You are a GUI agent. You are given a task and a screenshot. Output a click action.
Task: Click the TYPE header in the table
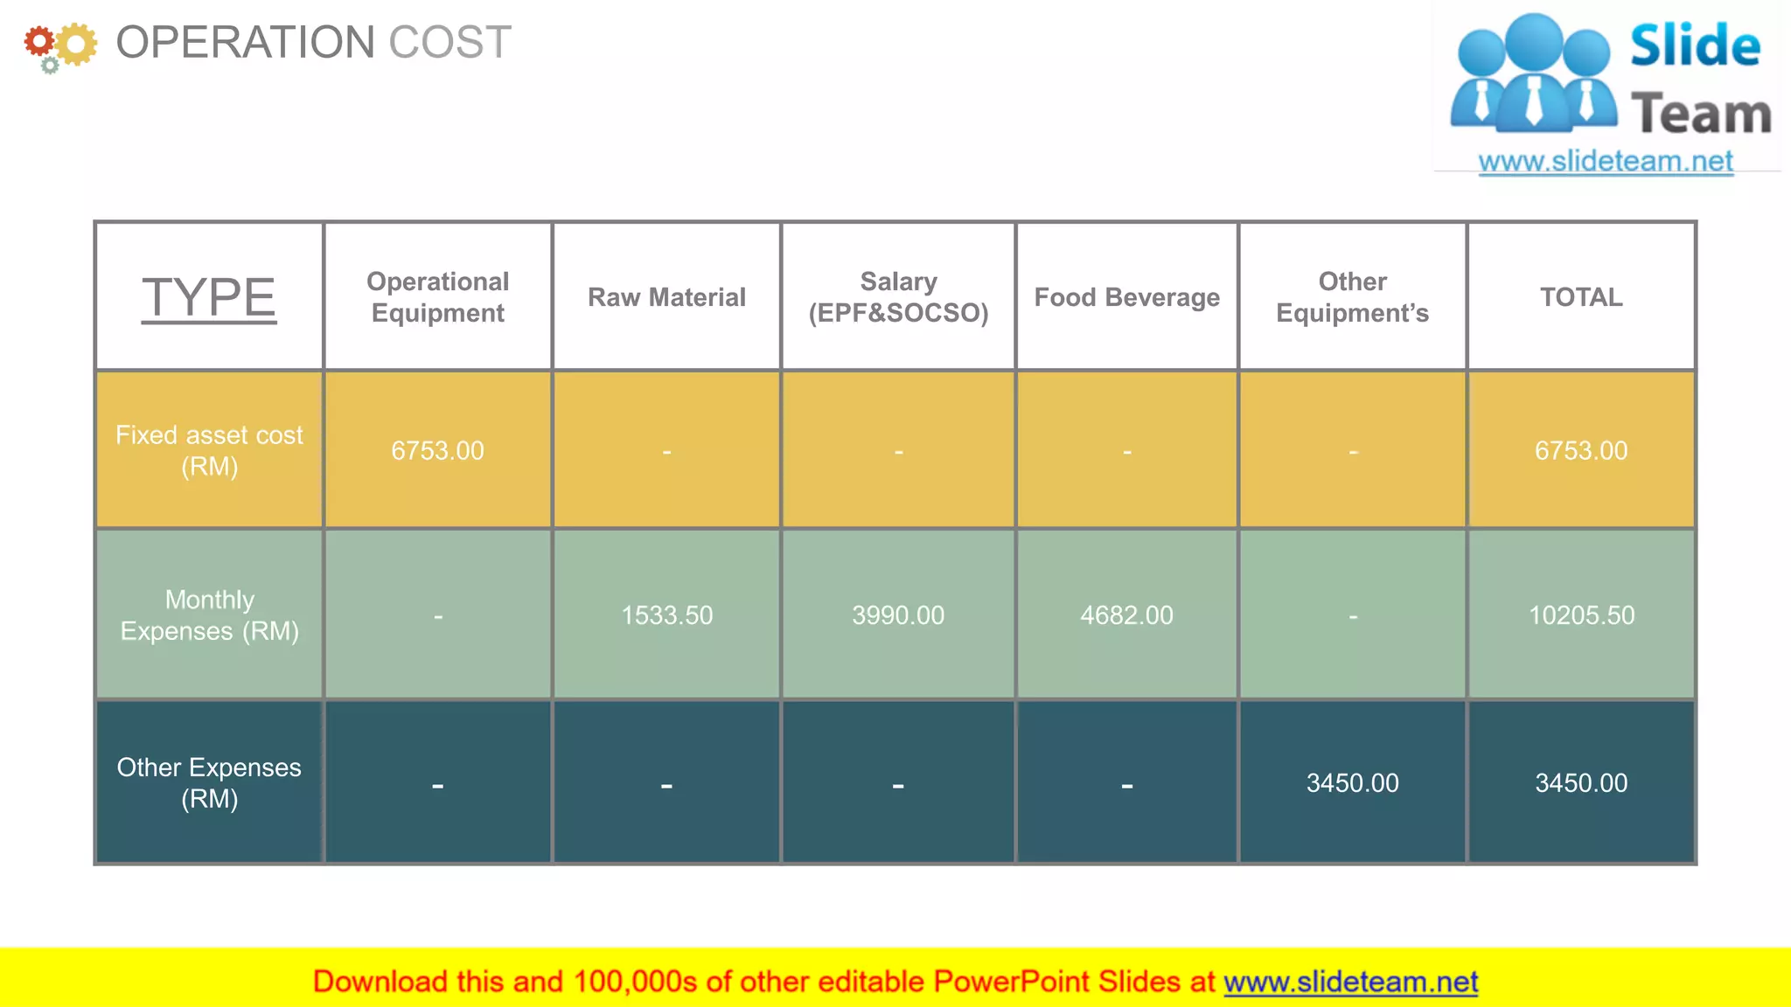coord(209,297)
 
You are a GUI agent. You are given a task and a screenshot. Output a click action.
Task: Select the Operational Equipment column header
coord(437,297)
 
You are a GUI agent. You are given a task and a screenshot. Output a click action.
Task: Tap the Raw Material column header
coord(666,297)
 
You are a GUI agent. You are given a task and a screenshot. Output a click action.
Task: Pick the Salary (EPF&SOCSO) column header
coord(898,297)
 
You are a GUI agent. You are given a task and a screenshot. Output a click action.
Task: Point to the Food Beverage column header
coord(1126,297)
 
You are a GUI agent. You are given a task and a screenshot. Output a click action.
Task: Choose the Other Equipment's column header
coord(1352,297)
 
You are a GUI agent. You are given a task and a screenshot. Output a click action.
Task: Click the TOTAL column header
coord(1581,297)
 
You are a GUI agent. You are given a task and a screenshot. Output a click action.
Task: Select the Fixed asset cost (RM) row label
coord(209,450)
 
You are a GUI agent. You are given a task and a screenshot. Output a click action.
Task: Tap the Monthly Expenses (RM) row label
coord(209,615)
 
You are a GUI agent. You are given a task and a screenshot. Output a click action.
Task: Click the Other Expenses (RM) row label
coord(209,782)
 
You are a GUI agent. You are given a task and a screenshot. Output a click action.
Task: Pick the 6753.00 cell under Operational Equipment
coord(437,450)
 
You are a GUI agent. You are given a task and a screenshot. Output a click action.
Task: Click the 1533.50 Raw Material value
coord(666,615)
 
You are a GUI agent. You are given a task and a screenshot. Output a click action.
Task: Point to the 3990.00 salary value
coord(898,615)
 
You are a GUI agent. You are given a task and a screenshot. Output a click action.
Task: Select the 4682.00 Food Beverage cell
coord(1126,615)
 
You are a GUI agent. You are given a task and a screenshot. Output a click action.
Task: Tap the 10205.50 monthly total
coord(1581,615)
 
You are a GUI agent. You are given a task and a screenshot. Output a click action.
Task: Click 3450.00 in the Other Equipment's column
coord(1352,782)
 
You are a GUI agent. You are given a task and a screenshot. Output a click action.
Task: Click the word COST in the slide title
coord(449,42)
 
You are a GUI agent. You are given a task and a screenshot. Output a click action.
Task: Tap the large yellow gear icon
coord(76,44)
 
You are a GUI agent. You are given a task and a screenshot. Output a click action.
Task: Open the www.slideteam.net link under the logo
coord(1606,162)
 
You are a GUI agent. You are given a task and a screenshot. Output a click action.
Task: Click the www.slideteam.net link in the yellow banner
coord(1350,982)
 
